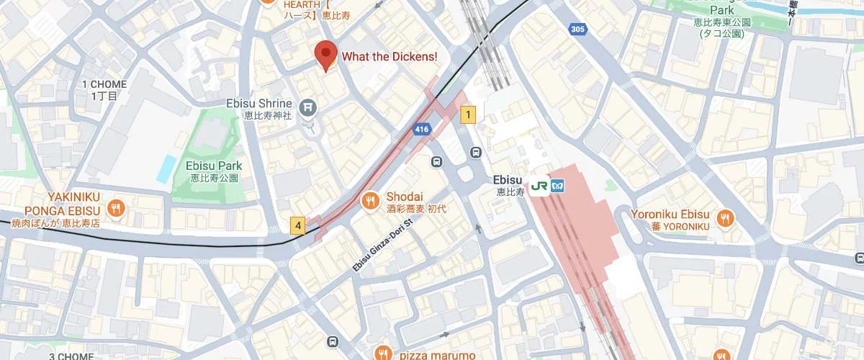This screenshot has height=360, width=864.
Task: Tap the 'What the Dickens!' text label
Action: point(389,56)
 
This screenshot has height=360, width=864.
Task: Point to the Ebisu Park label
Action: point(213,166)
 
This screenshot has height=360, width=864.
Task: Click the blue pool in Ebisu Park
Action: point(166,168)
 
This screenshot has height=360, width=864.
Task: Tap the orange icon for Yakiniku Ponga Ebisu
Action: point(116,210)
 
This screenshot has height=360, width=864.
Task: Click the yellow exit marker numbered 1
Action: point(469,114)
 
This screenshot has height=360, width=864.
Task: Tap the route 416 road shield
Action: point(422,130)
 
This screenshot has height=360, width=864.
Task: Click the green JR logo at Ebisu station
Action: point(539,186)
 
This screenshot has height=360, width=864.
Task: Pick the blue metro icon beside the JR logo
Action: point(559,186)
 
